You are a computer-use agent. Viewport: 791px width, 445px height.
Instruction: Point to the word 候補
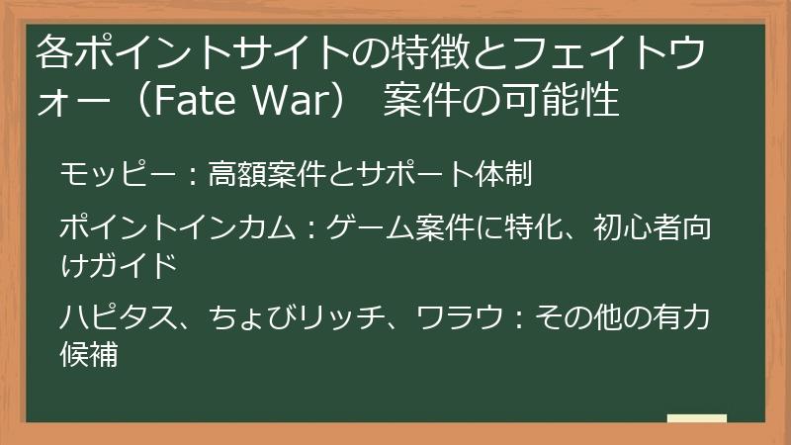pos(90,353)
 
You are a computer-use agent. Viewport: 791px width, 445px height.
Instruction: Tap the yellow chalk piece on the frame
pos(696,418)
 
